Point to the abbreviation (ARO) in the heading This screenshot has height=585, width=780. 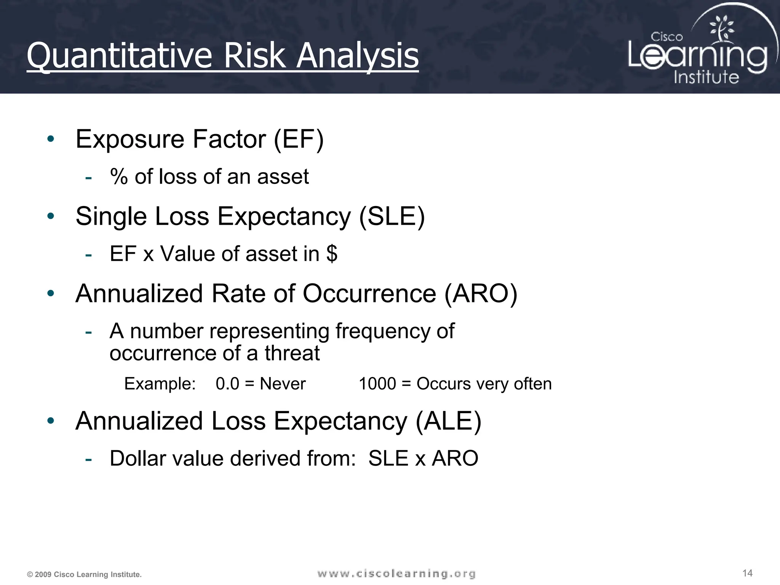481,294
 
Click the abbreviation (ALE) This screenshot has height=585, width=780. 448,421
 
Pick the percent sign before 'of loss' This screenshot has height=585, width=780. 119,177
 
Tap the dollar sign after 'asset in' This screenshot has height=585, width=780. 332,254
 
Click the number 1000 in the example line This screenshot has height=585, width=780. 377,384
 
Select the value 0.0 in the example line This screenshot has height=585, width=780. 227,384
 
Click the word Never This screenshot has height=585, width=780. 283,384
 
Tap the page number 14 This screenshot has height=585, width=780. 747,573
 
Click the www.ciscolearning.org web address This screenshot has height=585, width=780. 396,574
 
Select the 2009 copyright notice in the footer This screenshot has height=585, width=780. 84,575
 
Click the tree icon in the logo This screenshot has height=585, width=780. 721,29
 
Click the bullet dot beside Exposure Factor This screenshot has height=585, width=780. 51,139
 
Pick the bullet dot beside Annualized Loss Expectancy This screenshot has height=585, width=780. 51,421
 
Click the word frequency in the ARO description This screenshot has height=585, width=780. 383,331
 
